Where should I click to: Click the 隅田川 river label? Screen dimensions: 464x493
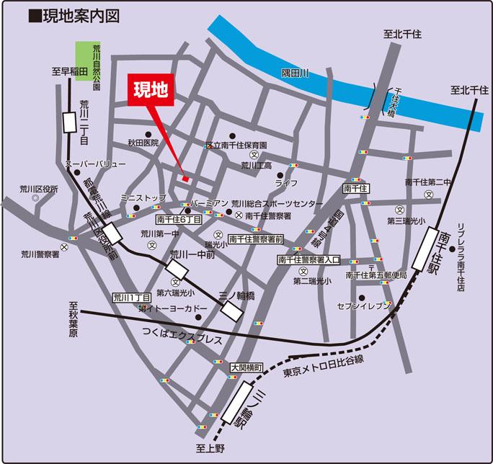click(x=295, y=73)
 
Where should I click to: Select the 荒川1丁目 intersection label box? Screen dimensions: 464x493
click(x=131, y=296)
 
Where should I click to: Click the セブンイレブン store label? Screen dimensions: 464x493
click(x=364, y=307)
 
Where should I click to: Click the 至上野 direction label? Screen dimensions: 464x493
click(x=211, y=450)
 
